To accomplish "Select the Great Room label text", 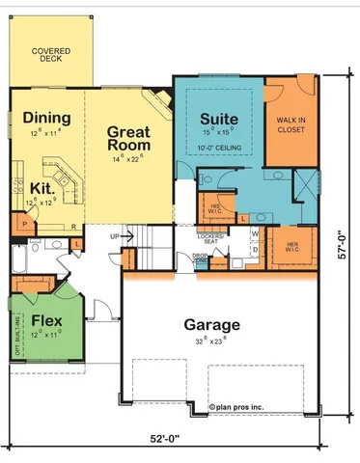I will (127, 138).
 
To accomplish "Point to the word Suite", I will (218, 121).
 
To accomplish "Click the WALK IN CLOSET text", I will (291, 124).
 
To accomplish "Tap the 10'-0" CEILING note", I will (220, 148).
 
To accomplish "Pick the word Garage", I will (213, 324).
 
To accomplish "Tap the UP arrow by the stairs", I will (119, 235).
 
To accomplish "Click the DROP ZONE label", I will (201, 258).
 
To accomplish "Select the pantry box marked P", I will (17, 224).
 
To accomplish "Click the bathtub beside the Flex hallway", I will (20, 259).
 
